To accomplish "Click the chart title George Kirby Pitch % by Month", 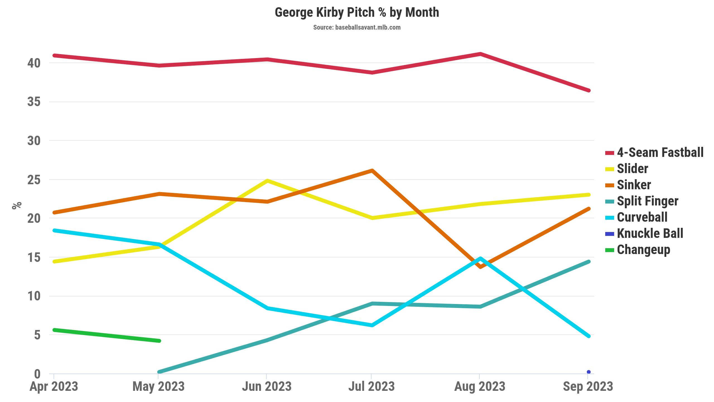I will tap(357, 13).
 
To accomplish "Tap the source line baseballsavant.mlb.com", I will tap(357, 27).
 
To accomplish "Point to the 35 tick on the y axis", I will tap(34, 102).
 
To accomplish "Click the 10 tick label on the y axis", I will tap(34, 296).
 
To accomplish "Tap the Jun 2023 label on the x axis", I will tap(267, 387).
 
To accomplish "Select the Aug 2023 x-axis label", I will tap(480, 387).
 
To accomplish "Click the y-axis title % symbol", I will tap(17, 205).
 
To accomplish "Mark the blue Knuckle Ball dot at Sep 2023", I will tap(588, 372).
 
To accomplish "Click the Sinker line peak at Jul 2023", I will tap(372, 170).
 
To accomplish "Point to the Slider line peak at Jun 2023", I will tap(267, 181).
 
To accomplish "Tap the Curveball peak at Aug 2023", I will tap(480, 259).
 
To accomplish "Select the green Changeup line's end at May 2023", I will tap(159, 341).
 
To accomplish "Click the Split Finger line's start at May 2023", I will tap(159, 372).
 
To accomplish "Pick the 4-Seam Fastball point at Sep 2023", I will tap(588, 90).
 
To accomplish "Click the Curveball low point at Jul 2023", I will tap(372, 325).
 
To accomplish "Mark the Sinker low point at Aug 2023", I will tap(480, 267).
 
